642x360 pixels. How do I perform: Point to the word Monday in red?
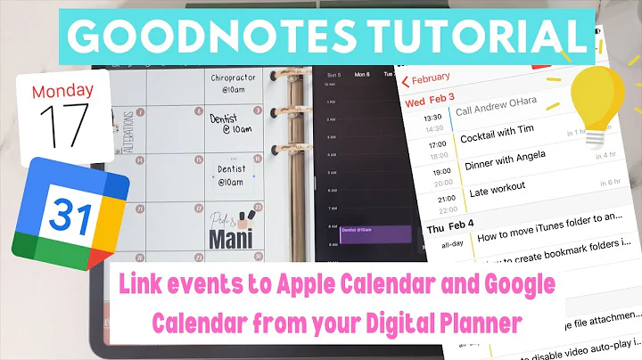click(63, 91)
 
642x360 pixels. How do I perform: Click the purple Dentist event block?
click(374, 233)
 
